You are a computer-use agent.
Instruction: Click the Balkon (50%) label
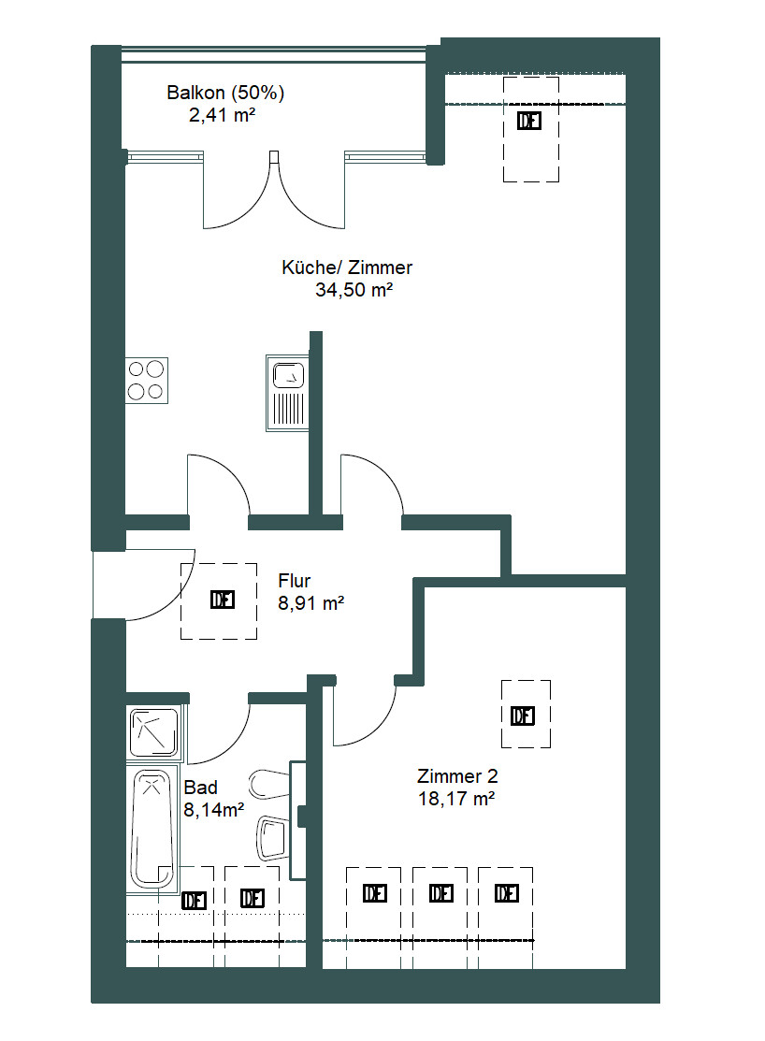pyautogui.click(x=225, y=93)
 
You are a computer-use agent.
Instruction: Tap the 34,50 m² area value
pyautogui.click(x=354, y=290)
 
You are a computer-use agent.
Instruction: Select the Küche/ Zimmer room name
pyautogui.click(x=347, y=267)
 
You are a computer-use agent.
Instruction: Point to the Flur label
pyautogui.click(x=295, y=581)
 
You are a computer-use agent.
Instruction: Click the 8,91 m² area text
pyautogui.click(x=310, y=603)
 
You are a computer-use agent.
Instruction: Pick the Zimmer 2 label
pyautogui.click(x=457, y=776)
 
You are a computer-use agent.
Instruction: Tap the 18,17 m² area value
pyautogui.click(x=456, y=799)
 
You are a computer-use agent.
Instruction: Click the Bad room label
pyautogui.click(x=200, y=788)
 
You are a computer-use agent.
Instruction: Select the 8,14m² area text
pyautogui.click(x=214, y=810)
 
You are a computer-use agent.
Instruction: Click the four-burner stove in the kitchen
pyautogui.click(x=147, y=381)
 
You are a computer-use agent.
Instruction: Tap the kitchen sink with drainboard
pyautogui.click(x=287, y=393)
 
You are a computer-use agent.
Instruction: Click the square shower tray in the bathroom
pyautogui.click(x=154, y=732)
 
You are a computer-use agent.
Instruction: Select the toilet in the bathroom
pyautogui.click(x=269, y=784)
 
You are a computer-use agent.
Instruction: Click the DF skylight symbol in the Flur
pyautogui.click(x=223, y=600)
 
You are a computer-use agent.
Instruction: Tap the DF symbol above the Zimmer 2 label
pyautogui.click(x=523, y=716)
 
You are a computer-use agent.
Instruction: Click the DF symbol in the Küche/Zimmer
pyautogui.click(x=529, y=121)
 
